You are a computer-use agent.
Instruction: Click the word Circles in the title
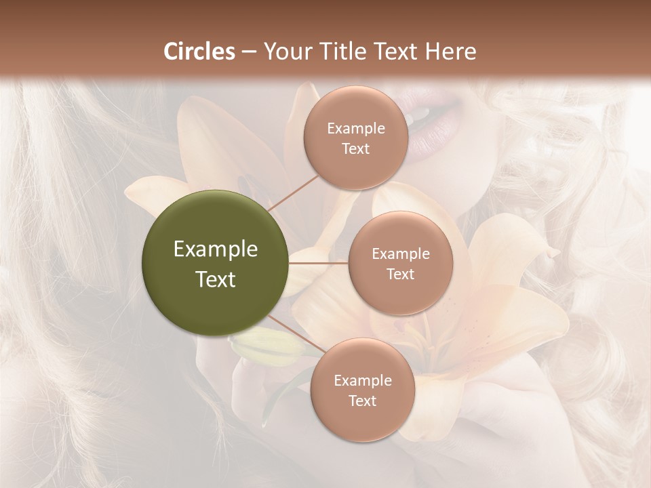click(199, 52)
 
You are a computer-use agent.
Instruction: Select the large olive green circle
click(215, 263)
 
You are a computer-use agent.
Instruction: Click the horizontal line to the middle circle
click(319, 263)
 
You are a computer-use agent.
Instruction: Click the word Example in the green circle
click(215, 249)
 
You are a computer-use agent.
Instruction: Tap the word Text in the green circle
click(215, 279)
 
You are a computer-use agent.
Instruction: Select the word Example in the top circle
click(356, 129)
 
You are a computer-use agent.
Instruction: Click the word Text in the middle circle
click(400, 274)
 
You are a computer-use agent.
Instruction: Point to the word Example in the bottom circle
click(362, 380)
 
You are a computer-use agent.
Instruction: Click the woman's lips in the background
click(434, 122)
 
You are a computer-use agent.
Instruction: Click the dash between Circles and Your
click(249, 52)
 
